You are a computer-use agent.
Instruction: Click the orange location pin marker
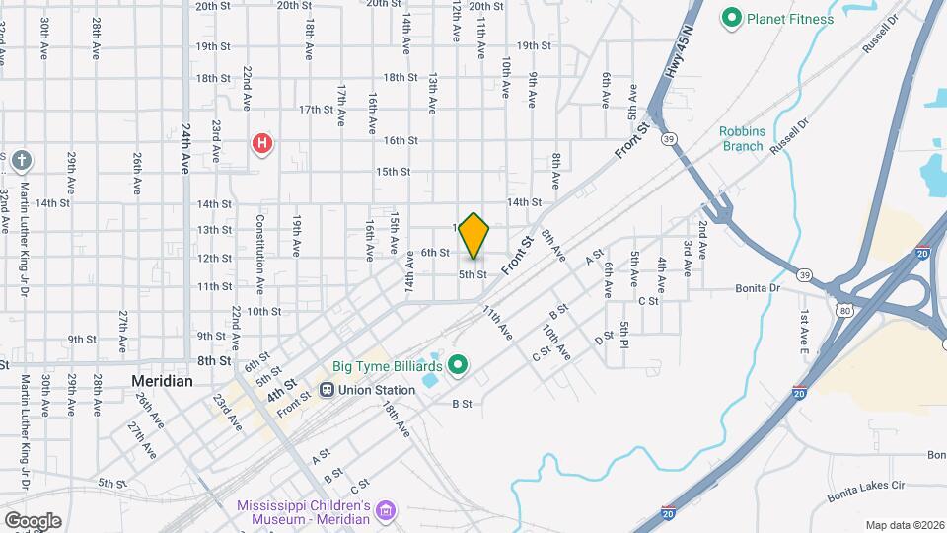click(x=474, y=236)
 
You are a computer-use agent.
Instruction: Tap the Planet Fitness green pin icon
click(x=732, y=18)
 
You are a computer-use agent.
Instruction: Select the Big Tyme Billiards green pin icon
click(x=458, y=366)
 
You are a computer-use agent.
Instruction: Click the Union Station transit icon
click(x=327, y=389)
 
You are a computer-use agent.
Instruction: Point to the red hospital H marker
click(x=261, y=144)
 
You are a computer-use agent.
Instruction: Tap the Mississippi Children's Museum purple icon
click(x=386, y=511)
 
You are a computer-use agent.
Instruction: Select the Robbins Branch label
click(x=741, y=138)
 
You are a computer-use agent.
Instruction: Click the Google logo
click(x=32, y=520)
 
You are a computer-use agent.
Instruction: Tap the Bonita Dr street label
click(x=758, y=288)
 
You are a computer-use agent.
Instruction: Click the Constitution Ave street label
click(x=260, y=254)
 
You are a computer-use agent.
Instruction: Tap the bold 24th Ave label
click(x=184, y=148)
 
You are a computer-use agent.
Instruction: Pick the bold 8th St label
click(x=213, y=361)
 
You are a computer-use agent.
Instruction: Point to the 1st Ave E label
click(x=804, y=333)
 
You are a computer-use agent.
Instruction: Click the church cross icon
click(x=23, y=160)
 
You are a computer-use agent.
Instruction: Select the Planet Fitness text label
click(x=789, y=19)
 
